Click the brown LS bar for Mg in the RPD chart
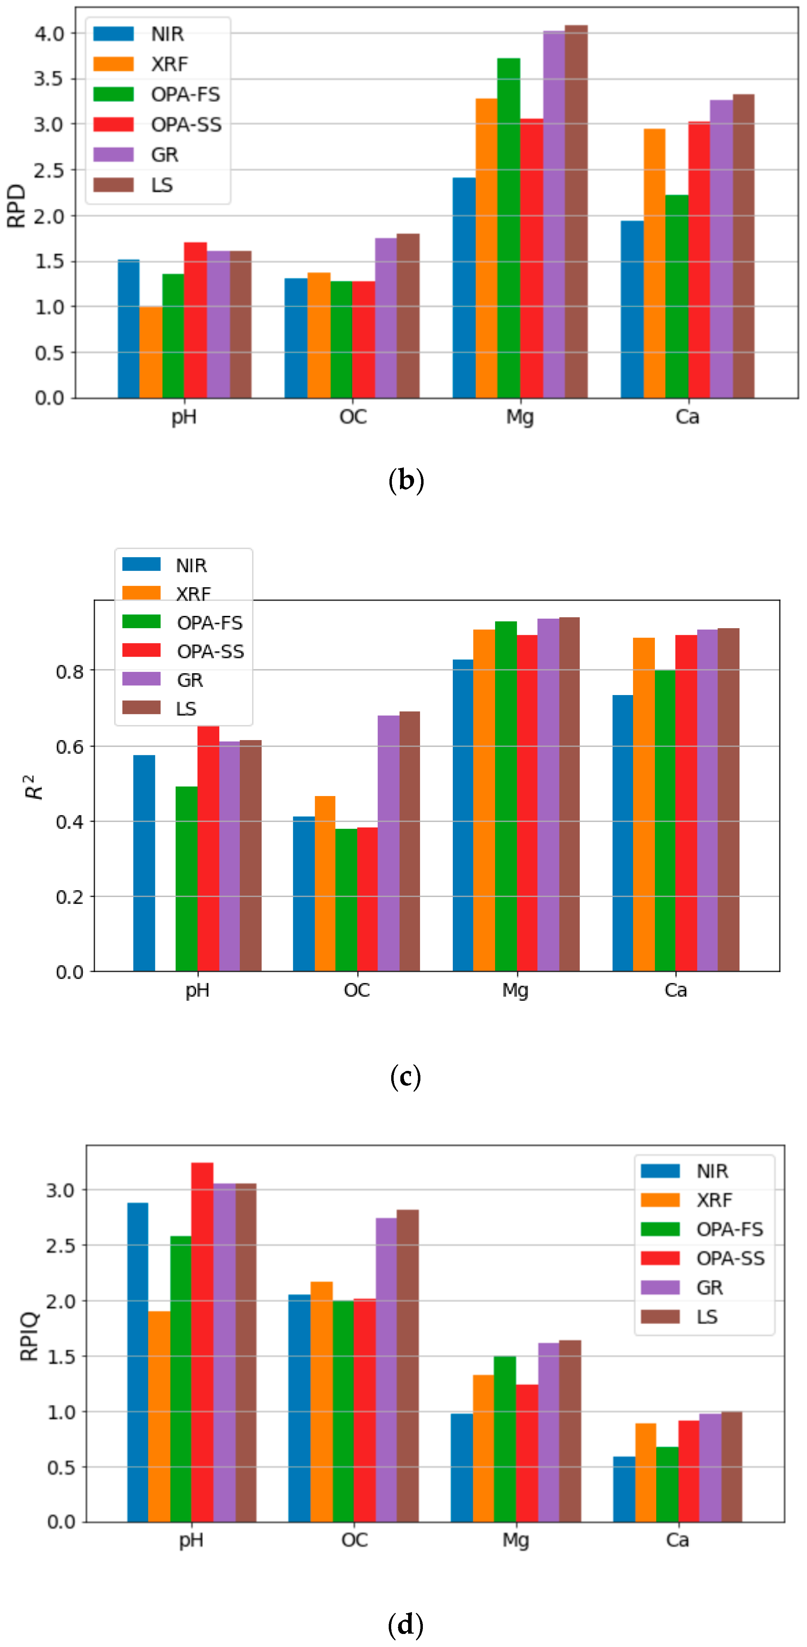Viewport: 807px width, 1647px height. [x=576, y=211]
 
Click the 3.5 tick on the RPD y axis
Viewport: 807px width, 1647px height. [x=49, y=78]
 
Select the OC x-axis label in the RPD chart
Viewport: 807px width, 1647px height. [x=353, y=417]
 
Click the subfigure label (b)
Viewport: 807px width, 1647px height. [x=405, y=480]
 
